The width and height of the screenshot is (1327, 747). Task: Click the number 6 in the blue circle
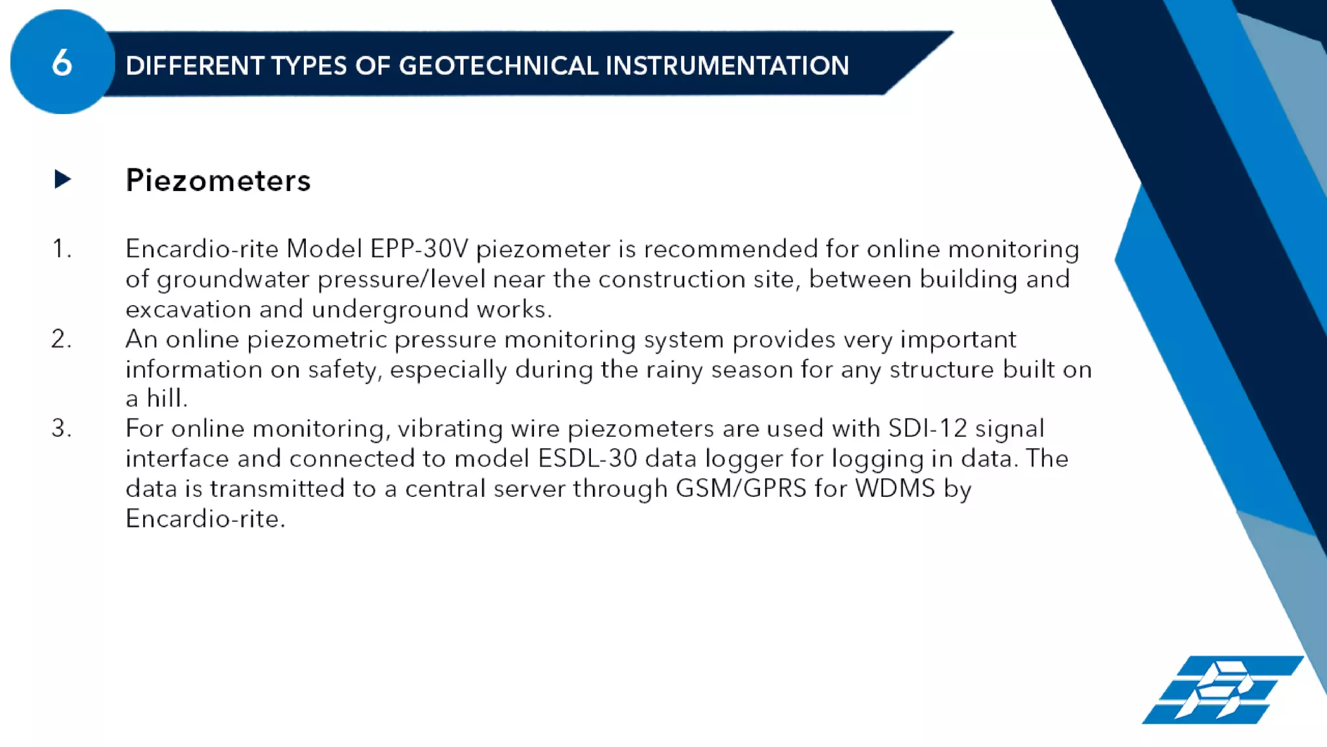pos(62,63)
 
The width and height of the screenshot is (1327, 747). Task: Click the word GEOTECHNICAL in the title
pos(498,65)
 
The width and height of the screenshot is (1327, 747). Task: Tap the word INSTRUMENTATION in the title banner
pos(726,65)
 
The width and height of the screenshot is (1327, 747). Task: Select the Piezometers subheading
pos(218,180)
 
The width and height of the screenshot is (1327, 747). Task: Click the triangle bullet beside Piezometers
pos(62,179)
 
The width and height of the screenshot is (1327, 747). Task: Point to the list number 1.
pos(61,249)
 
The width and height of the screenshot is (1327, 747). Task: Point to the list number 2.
pos(61,339)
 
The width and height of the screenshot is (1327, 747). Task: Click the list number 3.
pos(61,428)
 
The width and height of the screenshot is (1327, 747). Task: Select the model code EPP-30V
pos(419,249)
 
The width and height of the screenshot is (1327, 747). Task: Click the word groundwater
pos(233,279)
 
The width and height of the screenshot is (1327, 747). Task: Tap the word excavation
pos(188,309)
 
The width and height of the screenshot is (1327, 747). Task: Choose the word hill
pos(167,398)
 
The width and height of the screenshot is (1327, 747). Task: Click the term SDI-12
pos(927,428)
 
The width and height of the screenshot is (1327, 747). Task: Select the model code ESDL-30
pos(587,459)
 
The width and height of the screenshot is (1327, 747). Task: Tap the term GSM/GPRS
pos(741,488)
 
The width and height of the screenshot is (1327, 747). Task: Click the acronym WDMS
pos(895,488)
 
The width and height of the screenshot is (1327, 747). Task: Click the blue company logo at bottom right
pos(1221,690)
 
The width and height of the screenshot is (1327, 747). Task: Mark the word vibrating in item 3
pos(450,429)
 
